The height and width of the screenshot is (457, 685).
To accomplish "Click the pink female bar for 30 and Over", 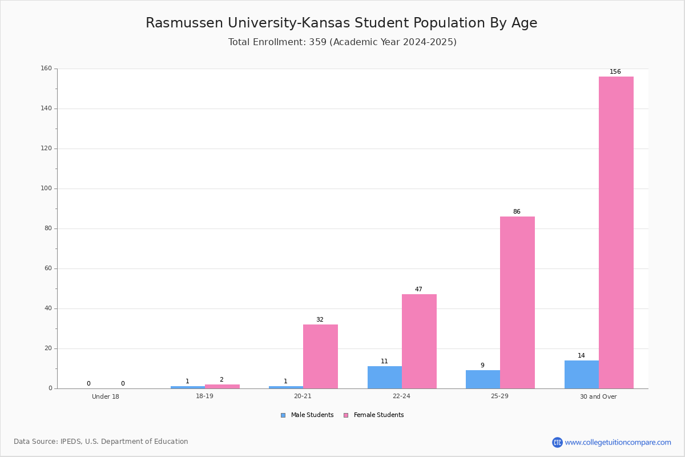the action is (616, 232).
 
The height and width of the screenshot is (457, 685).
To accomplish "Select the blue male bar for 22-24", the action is (385, 378).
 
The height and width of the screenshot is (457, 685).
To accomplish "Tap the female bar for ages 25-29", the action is (517, 303).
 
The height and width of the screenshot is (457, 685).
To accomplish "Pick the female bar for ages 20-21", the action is (320, 356).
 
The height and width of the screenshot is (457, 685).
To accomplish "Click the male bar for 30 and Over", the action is (582, 375).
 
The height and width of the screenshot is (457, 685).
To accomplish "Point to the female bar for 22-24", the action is (419, 342).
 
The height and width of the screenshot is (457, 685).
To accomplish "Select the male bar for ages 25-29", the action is (483, 379).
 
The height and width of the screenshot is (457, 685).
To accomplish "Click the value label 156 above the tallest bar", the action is (615, 71).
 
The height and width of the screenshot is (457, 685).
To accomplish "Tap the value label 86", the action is (517, 211).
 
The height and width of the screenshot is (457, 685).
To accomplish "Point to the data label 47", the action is (418, 289).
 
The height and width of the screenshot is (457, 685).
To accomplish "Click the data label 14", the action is (581, 356).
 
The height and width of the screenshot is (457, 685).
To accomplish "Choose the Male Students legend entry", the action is (307, 415).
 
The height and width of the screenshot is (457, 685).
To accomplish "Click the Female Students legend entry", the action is (374, 415).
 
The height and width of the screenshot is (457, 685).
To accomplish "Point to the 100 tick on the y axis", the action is (46, 189).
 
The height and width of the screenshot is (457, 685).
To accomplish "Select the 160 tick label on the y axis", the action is (46, 68).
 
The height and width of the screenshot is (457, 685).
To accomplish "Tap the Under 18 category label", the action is (106, 396).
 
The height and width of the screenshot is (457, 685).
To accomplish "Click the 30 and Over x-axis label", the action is (598, 396).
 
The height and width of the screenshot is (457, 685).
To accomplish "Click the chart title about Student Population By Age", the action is (341, 23).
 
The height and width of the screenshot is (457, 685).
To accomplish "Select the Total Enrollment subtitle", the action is (342, 42).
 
